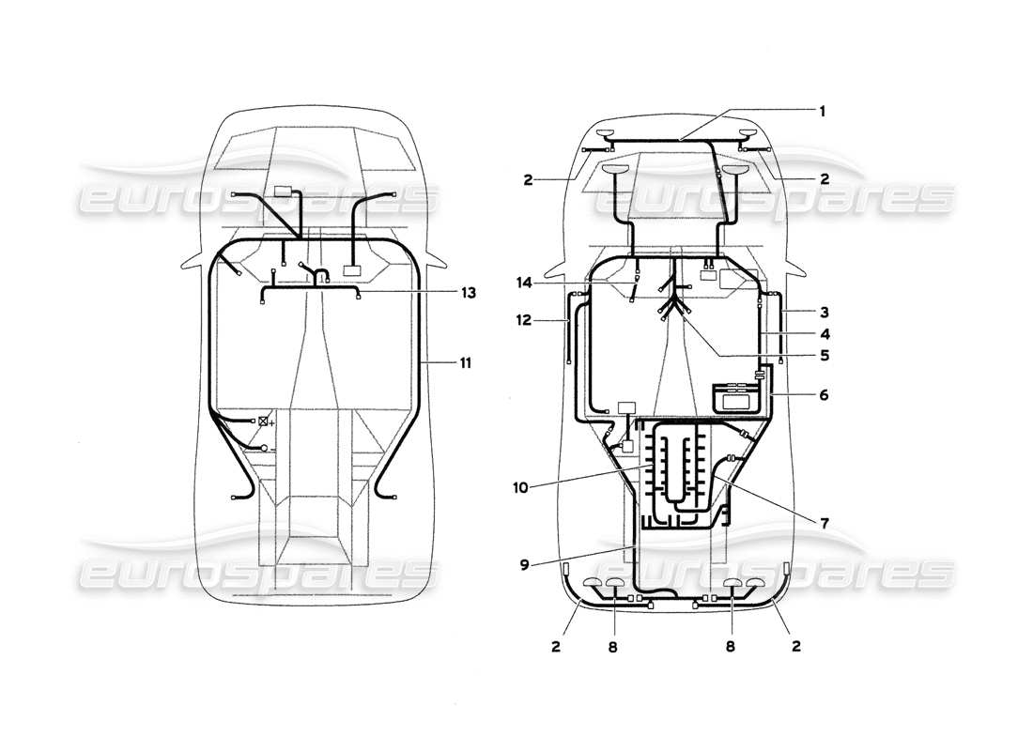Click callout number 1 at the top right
(x=822, y=110)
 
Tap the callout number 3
(x=822, y=311)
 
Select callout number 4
(x=822, y=333)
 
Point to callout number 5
(x=822, y=356)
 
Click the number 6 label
(x=823, y=395)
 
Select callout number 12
(x=522, y=320)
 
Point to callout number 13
(x=467, y=293)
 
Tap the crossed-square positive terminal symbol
(x=264, y=421)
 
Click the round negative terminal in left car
(x=264, y=450)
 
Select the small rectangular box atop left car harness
(x=283, y=192)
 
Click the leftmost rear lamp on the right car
(x=594, y=584)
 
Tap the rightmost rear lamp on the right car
(x=756, y=584)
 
